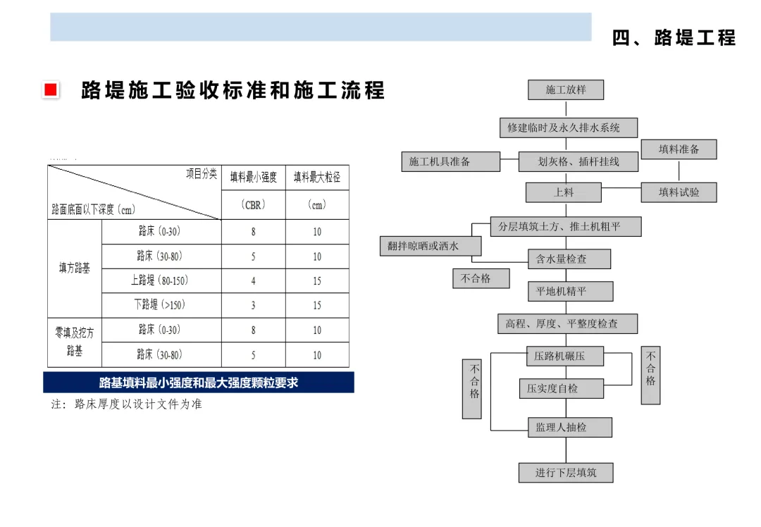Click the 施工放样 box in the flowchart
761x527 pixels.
[566, 89]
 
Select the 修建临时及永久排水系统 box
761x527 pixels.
[569, 128]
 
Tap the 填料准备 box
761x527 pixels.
[679, 149]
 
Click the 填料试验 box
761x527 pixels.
[679, 192]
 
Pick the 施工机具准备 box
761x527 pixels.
[450, 161]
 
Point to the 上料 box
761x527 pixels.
[564, 192]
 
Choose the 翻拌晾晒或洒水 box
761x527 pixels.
[431, 246]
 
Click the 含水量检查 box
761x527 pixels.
[569, 259]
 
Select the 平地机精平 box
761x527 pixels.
[570, 291]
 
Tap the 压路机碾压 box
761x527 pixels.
[565, 356]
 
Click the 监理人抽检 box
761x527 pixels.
[570, 428]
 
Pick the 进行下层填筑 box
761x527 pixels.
[565, 473]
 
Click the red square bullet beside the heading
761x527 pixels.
[51, 89]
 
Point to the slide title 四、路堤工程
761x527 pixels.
[674, 38]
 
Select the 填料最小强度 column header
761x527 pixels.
[254, 177]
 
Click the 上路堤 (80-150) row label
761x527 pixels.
[159, 280]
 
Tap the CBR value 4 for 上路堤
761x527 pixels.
[254, 281]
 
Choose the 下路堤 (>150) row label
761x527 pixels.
[159, 305]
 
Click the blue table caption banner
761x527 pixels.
[199, 383]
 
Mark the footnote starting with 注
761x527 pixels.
[126, 404]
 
